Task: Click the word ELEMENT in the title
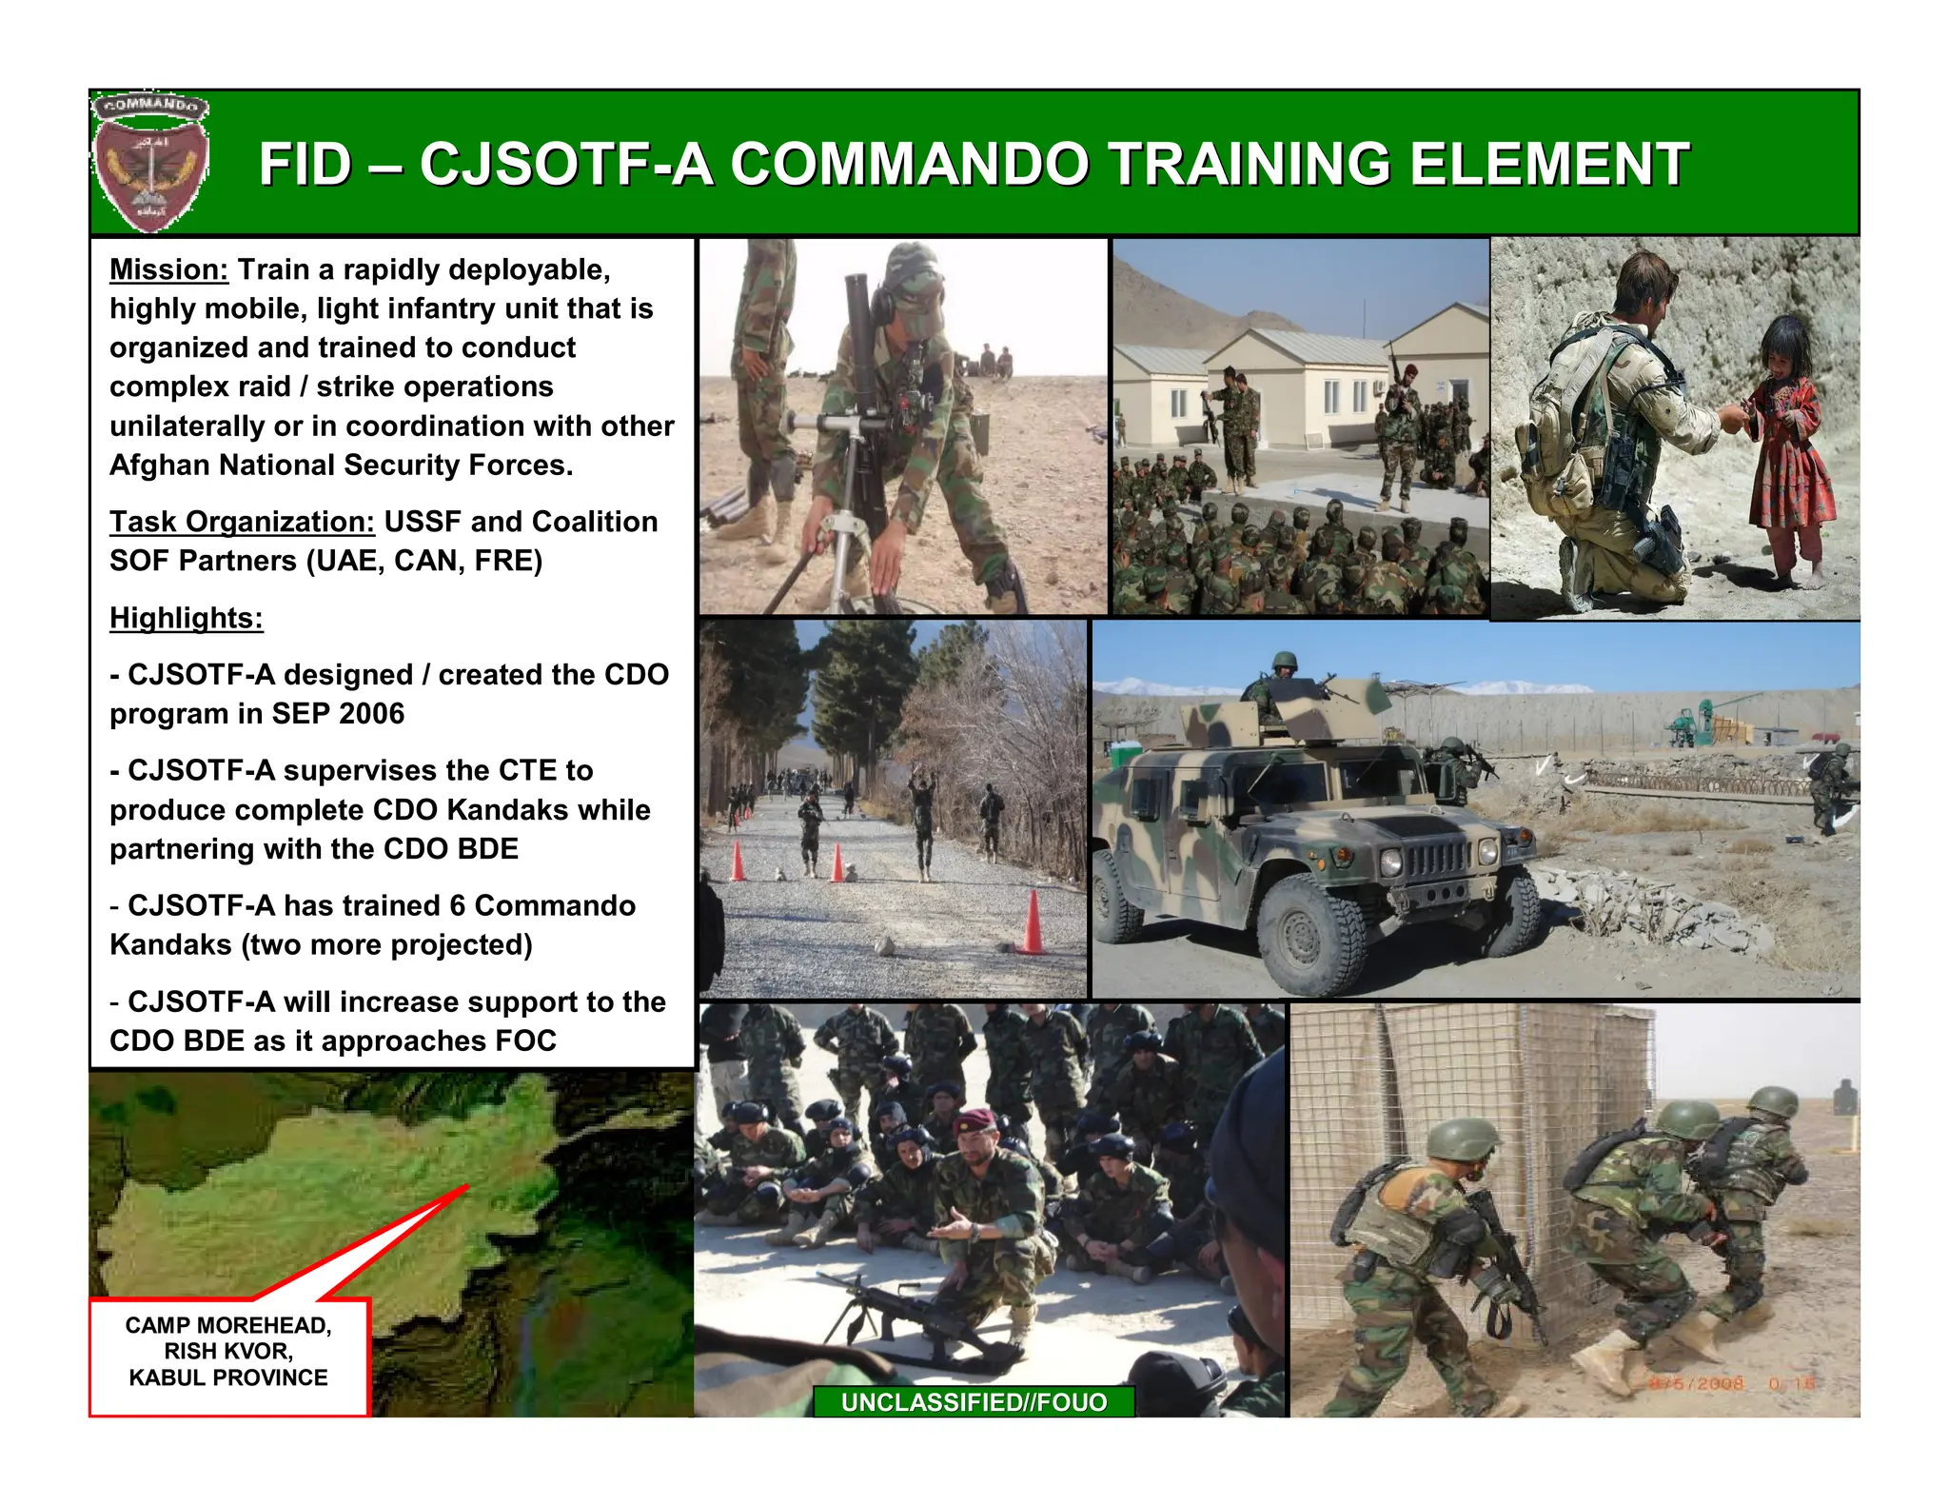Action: click(x=1548, y=164)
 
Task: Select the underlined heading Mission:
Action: click(x=168, y=269)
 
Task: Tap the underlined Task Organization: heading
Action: click(x=242, y=522)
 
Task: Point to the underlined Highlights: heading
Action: click(x=186, y=618)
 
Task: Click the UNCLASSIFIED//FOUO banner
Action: click(x=974, y=1401)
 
